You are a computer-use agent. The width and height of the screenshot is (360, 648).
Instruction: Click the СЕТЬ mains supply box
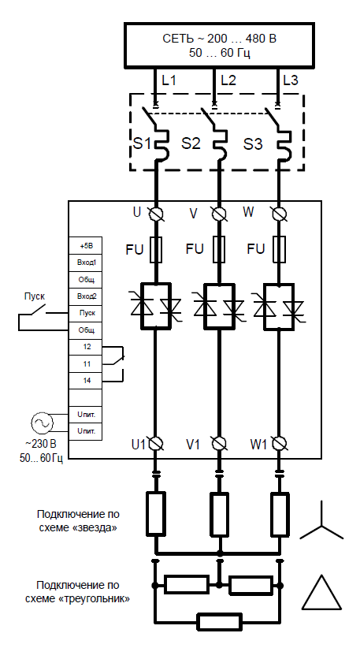(x=219, y=46)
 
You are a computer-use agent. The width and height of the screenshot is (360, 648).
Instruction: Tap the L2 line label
(x=228, y=80)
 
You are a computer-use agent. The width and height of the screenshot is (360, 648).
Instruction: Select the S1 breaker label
(x=142, y=143)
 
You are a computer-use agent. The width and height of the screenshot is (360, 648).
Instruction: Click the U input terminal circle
(x=157, y=214)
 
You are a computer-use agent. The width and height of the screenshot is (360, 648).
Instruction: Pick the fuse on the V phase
(x=219, y=250)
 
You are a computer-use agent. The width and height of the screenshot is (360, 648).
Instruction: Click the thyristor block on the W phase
(x=279, y=306)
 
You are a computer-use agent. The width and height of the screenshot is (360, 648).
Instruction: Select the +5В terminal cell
(x=85, y=245)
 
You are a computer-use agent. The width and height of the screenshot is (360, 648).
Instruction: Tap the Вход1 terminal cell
(x=85, y=263)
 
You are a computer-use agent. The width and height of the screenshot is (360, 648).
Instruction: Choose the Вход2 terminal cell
(x=85, y=296)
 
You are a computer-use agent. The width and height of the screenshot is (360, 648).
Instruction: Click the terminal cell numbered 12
(x=85, y=347)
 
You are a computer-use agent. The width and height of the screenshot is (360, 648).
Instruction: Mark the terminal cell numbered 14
(x=85, y=381)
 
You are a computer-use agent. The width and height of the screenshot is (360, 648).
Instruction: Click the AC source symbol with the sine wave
(x=43, y=423)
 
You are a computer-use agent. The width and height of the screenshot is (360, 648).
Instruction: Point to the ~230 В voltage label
(x=41, y=445)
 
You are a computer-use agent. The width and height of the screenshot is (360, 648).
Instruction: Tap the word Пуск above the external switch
(x=34, y=296)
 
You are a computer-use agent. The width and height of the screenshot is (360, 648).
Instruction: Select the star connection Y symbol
(x=321, y=522)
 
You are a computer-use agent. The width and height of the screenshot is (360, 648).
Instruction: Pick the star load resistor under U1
(x=157, y=513)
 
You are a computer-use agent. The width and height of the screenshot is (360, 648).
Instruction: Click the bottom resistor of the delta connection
(x=219, y=621)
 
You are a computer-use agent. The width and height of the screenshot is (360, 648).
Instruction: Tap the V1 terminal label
(x=193, y=445)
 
